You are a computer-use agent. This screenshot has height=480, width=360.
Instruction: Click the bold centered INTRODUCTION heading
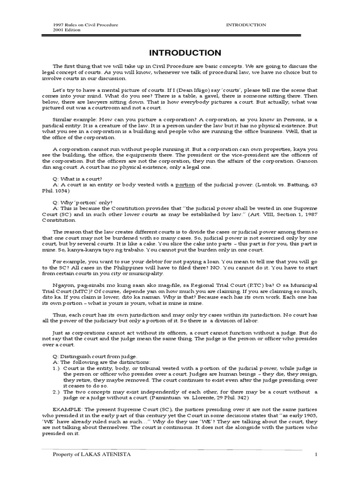(185, 52)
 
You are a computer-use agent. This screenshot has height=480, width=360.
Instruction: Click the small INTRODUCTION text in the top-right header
(246, 24)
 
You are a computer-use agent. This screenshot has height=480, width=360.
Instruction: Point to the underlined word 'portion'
(185, 185)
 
